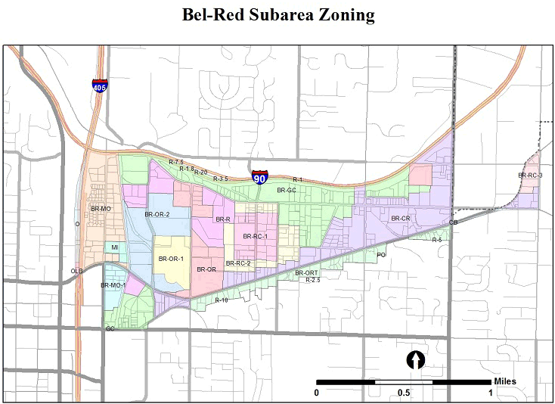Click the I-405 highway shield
[100, 85]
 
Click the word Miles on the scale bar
[505, 381]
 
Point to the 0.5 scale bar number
[404, 393]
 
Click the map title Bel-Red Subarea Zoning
[278, 16]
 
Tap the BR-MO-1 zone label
[113, 285]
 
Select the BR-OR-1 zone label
[172, 259]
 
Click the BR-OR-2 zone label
[157, 215]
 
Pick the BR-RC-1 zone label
[256, 237]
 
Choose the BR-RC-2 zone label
[238, 263]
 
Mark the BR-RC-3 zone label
[530, 176]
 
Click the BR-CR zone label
[400, 219]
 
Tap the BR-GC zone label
[286, 190]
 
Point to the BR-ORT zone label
[306, 272]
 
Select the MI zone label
[115, 247]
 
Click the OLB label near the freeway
[77, 271]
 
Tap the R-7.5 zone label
[176, 163]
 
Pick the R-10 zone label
[222, 300]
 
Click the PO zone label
[381, 256]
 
